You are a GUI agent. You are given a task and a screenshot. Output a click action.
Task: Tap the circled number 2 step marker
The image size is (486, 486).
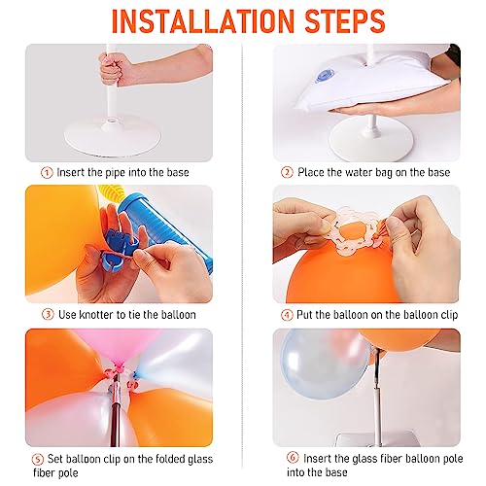click(x=287, y=172)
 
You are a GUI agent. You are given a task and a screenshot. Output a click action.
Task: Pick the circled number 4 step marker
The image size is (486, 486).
click(x=287, y=314)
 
